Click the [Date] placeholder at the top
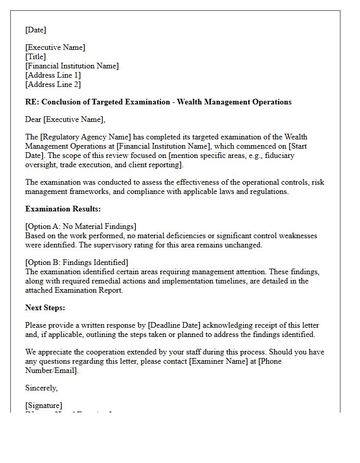(35, 30)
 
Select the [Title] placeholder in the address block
(35, 57)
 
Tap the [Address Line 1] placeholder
(53, 75)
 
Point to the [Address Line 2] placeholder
(53, 84)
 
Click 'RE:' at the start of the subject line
(32, 102)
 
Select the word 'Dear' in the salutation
(33, 119)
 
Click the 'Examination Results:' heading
(63, 209)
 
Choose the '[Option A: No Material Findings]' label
(81, 226)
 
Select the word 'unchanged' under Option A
(243, 245)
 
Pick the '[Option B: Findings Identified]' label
(77, 262)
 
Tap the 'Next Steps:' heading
(45, 308)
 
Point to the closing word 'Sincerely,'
(42, 388)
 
